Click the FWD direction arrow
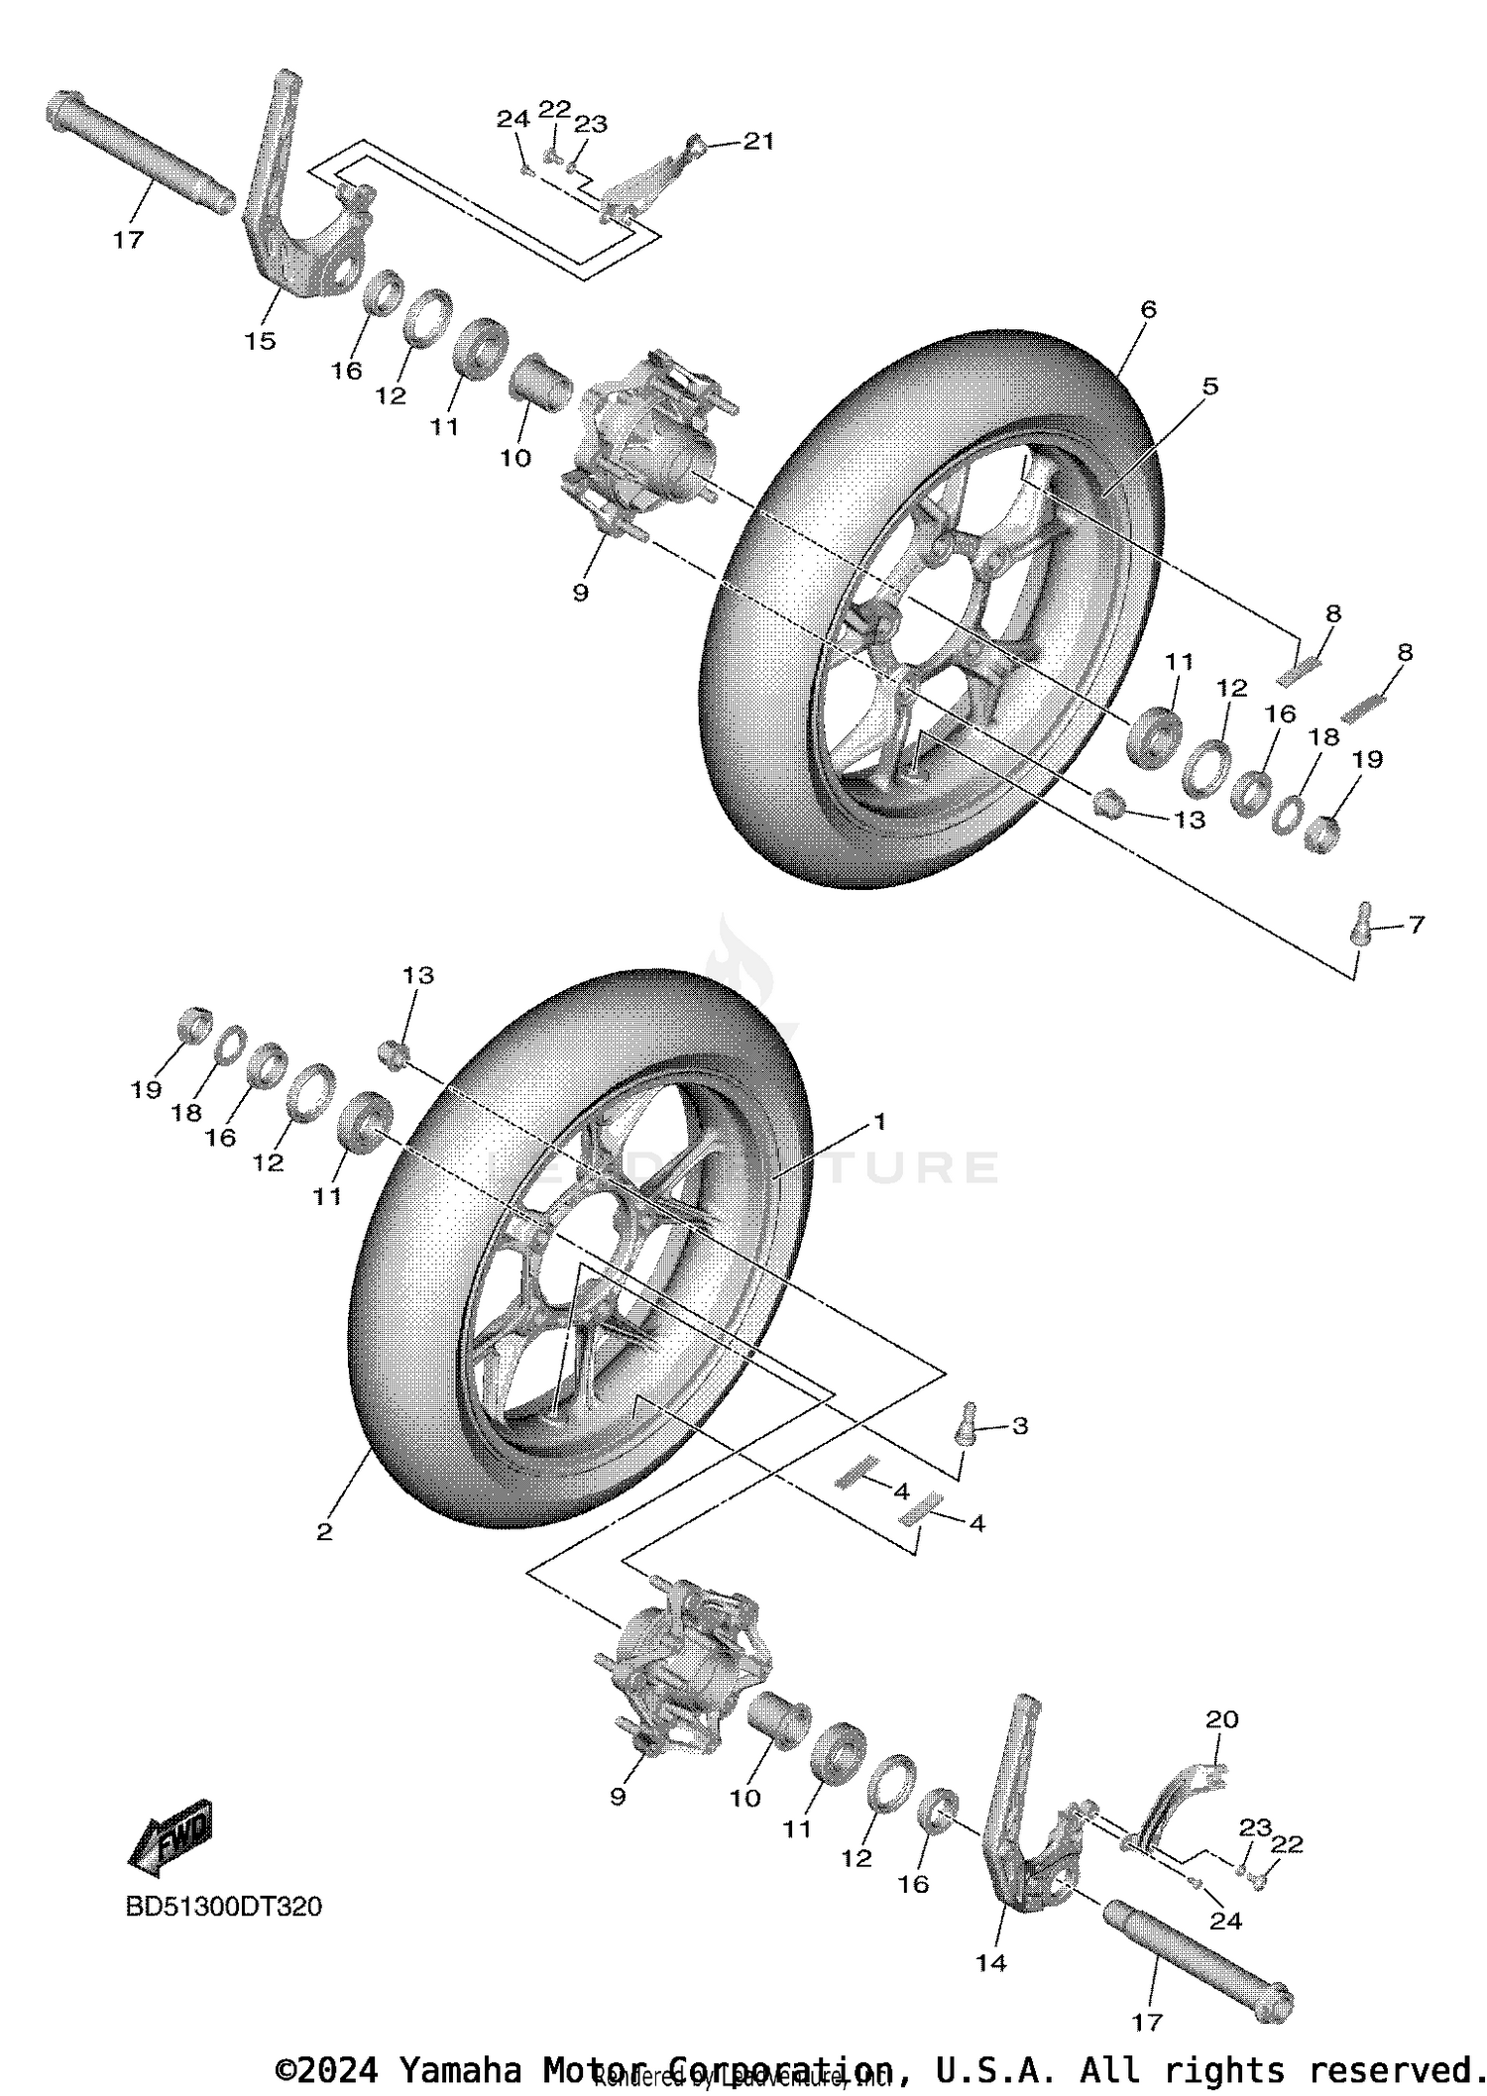click(171, 1837)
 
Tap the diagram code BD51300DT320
click(223, 1907)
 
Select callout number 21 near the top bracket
click(758, 142)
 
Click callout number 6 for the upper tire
click(1148, 310)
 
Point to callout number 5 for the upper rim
click(1209, 386)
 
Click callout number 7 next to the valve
click(1416, 925)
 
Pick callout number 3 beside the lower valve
click(1019, 1426)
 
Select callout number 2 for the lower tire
click(324, 1532)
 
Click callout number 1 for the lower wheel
click(878, 1122)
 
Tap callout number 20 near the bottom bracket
click(1221, 1719)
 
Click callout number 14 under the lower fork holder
click(990, 1962)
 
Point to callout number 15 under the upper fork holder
click(260, 341)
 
